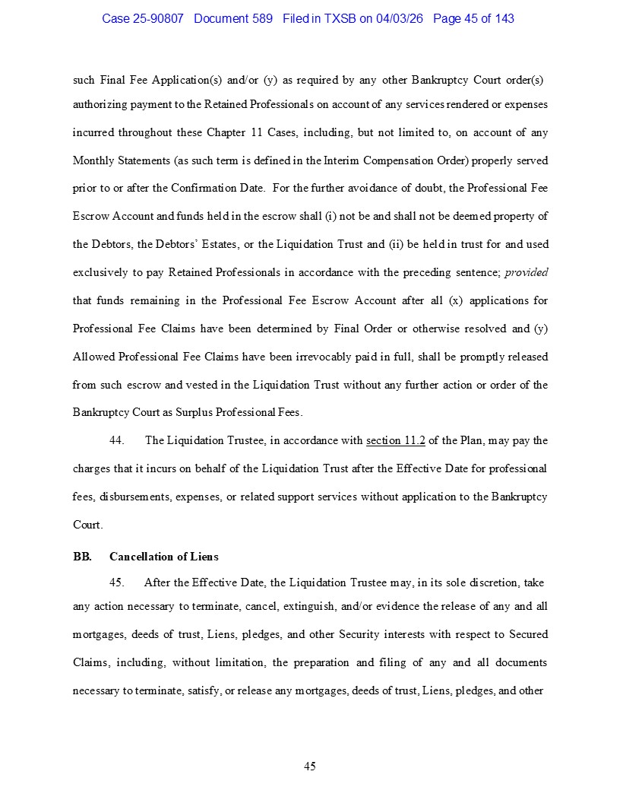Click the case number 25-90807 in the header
(x=158, y=18)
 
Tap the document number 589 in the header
(x=260, y=18)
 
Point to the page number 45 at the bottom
(x=310, y=766)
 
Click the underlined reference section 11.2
(x=395, y=441)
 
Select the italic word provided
(x=527, y=272)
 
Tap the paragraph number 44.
(x=117, y=441)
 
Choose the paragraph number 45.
(x=117, y=583)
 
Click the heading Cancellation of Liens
(x=163, y=557)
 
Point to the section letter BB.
(x=81, y=557)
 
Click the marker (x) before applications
(x=456, y=300)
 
